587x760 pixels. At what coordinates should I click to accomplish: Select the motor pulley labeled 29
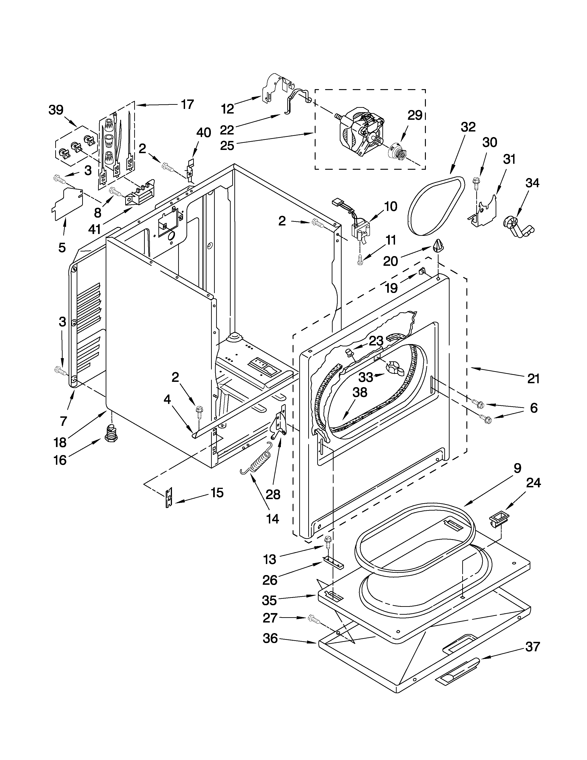click(397, 151)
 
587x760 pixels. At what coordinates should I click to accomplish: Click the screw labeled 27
click(313, 618)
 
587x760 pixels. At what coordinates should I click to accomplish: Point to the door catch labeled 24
click(498, 520)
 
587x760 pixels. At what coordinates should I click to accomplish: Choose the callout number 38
click(360, 392)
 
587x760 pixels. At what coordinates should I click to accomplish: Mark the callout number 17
click(187, 104)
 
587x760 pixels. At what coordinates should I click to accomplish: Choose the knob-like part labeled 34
click(516, 227)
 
